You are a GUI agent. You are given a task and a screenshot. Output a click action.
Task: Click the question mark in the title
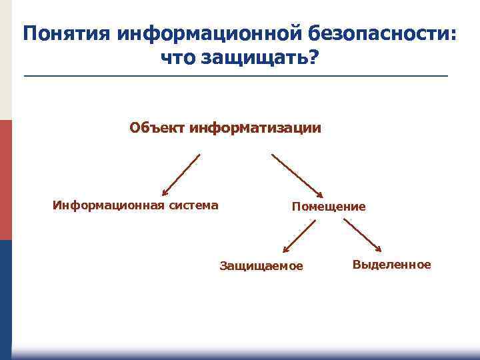click(313, 59)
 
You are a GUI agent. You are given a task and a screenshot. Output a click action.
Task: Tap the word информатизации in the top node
click(255, 127)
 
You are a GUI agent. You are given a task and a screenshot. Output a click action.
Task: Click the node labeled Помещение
click(329, 207)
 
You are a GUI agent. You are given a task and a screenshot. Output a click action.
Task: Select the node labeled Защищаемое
click(261, 267)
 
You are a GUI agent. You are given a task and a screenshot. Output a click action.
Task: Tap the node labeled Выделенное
click(392, 265)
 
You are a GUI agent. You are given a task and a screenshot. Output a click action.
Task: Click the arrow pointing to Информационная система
click(181, 175)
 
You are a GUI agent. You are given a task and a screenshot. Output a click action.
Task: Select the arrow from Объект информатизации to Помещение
click(297, 175)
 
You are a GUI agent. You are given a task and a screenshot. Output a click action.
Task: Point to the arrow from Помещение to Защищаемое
click(298, 237)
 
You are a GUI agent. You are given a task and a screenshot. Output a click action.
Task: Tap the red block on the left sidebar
click(5, 180)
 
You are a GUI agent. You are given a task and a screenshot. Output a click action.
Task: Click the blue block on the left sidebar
click(5, 293)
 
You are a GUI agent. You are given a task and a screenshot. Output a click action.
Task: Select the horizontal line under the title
click(236, 77)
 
